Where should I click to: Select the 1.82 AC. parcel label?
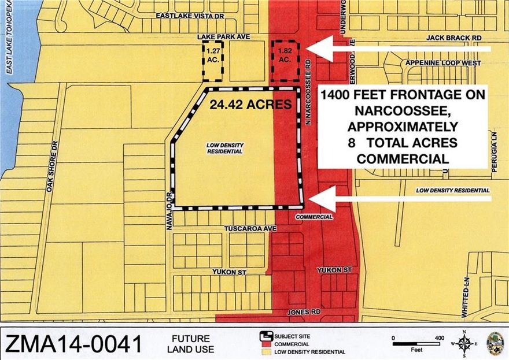coord(284,55)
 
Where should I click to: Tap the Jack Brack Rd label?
coord(454,36)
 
